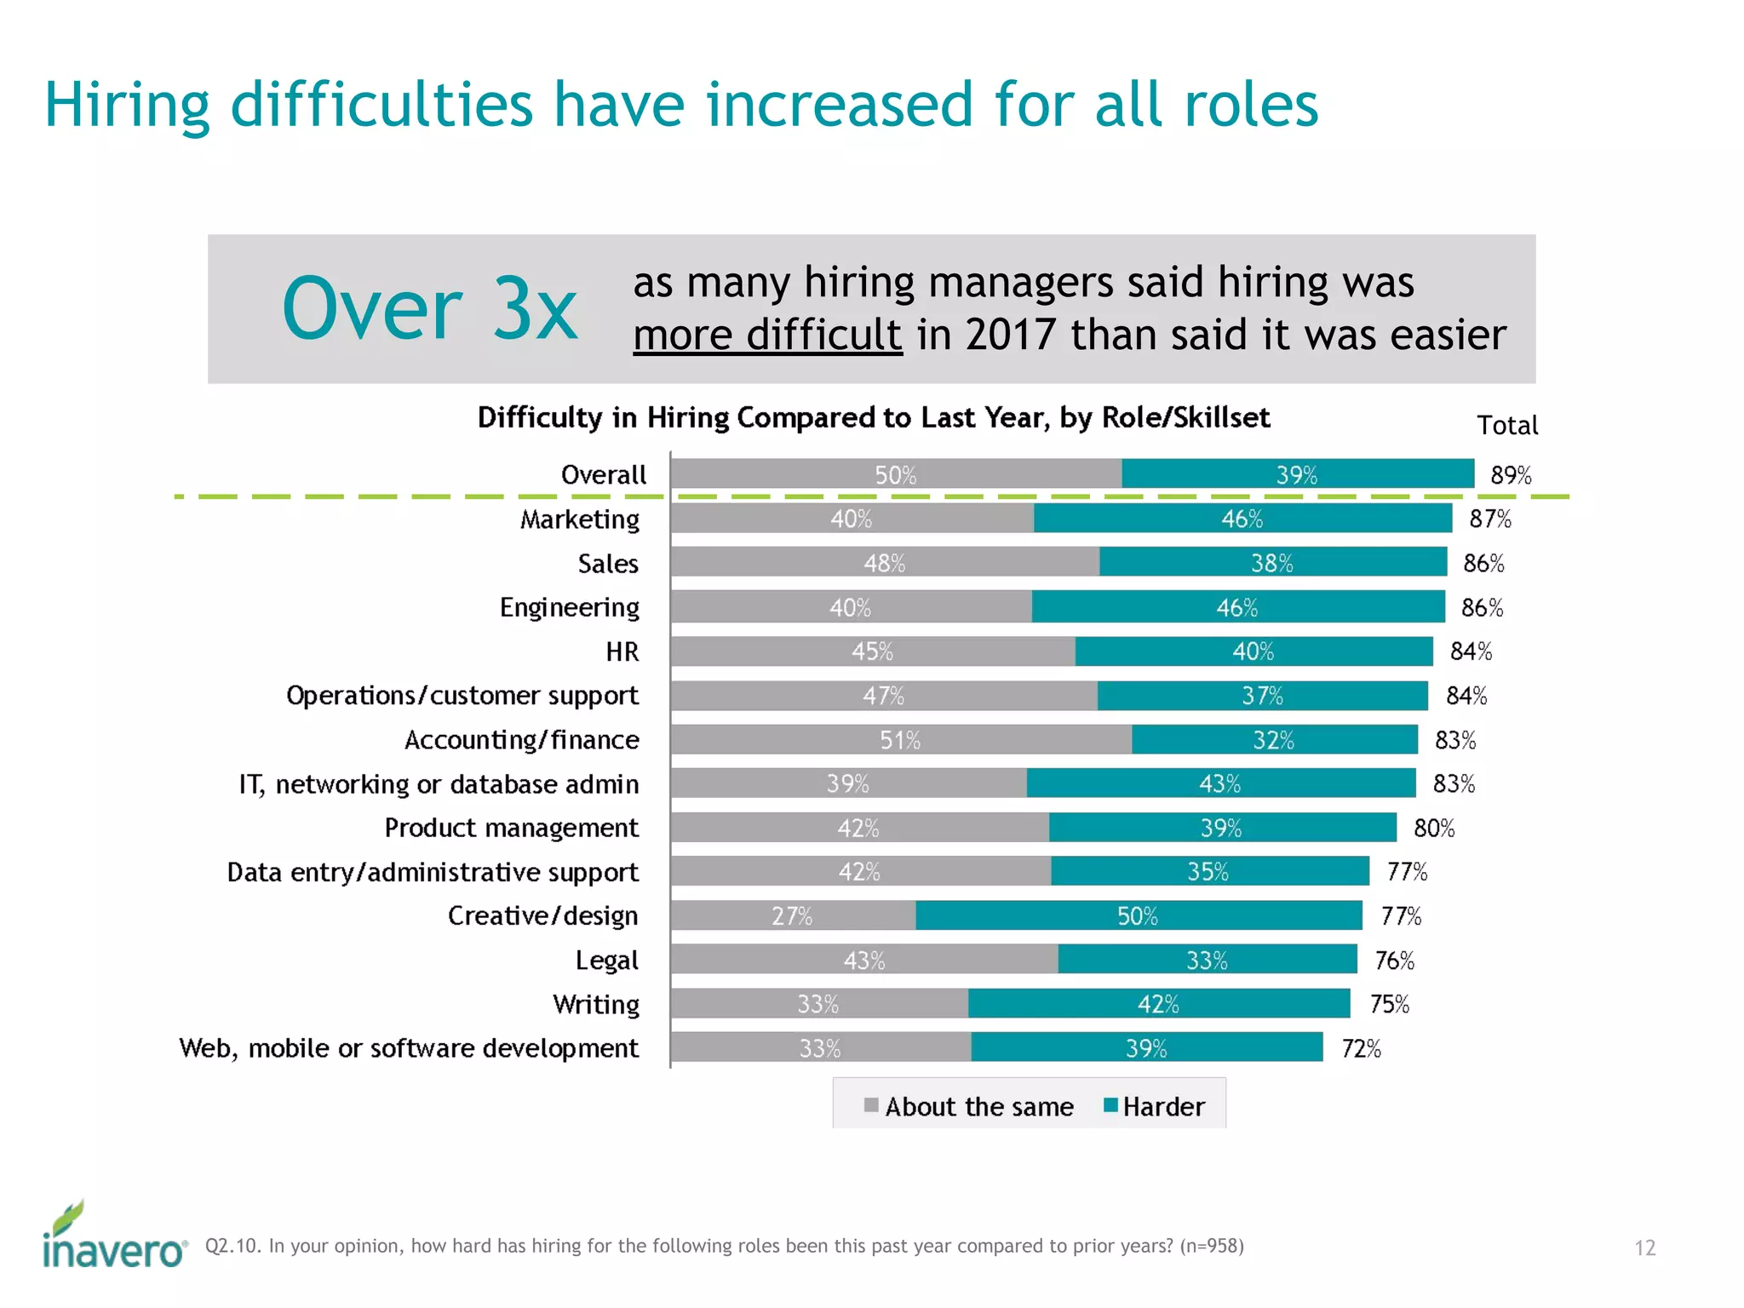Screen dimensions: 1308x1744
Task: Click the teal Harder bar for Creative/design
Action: pos(1138,916)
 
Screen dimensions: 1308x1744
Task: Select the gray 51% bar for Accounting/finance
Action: pos(900,740)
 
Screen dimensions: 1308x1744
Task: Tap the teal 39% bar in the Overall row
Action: pos(1297,474)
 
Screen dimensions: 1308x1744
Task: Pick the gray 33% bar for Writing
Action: pos(818,1004)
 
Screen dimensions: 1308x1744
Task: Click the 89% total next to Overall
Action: pos(1511,475)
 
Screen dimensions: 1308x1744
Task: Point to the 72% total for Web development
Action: pos(1361,1048)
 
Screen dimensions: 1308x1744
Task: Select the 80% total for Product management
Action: pos(1434,828)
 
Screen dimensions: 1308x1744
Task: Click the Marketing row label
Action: pos(580,519)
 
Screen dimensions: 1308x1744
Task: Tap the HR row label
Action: pos(622,651)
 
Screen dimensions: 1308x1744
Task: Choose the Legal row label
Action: pos(606,961)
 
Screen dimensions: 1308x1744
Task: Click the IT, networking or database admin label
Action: pos(439,784)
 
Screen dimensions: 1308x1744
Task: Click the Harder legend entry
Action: pos(1155,1106)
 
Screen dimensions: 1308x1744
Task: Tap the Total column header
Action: pos(1506,425)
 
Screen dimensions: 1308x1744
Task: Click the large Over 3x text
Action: pos(430,309)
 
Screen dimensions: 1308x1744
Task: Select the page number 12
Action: pos(1644,1248)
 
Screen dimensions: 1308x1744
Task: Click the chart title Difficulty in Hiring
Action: pos(873,417)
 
